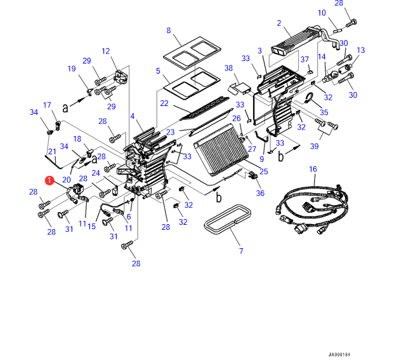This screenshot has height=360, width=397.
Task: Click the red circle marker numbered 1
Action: pos(49,180)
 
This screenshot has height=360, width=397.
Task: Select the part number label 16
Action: pos(313,169)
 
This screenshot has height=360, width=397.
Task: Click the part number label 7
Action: pos(241,251)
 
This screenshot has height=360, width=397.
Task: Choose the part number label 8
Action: pos(169,30)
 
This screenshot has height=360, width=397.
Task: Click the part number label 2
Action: pos(279,23)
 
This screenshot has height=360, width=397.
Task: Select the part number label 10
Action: pos(322,13)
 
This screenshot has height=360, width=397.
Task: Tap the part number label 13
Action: pos(361,50)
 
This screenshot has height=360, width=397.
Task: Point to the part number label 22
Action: pos(164,103)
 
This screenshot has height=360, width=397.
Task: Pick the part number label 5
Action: pos(158,71)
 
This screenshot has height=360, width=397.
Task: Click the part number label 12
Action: pos(105,51)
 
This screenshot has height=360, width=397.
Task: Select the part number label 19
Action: pos(72,69)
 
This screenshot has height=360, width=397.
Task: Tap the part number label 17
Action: pos(47,105)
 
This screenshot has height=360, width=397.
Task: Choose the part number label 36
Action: pos(260,193)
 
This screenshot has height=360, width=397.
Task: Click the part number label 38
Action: pos(229,68)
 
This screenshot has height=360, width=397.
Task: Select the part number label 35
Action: pos(324,112)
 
